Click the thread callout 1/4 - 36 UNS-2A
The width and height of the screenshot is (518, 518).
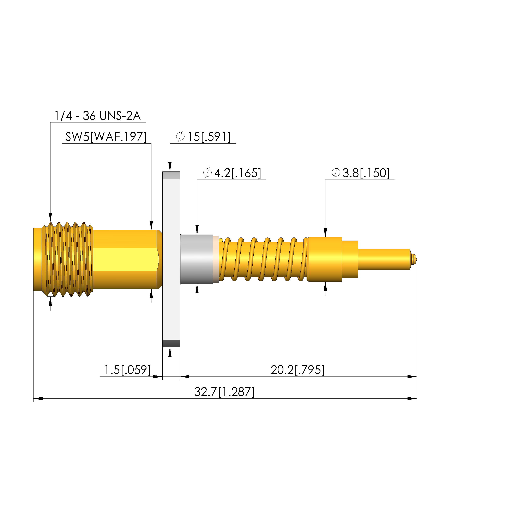[97, 116]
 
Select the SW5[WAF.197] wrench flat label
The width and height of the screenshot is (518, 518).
[106, 137]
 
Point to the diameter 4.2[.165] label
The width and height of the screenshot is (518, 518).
[232, 173]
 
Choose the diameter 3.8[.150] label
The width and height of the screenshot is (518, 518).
[360, 173]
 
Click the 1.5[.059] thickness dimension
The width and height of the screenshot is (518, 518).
[127, 370]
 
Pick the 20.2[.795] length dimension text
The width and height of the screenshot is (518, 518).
[297, 370]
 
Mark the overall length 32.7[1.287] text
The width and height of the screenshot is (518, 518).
[224, 392]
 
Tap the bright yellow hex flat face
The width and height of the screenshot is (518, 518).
[126, 259]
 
